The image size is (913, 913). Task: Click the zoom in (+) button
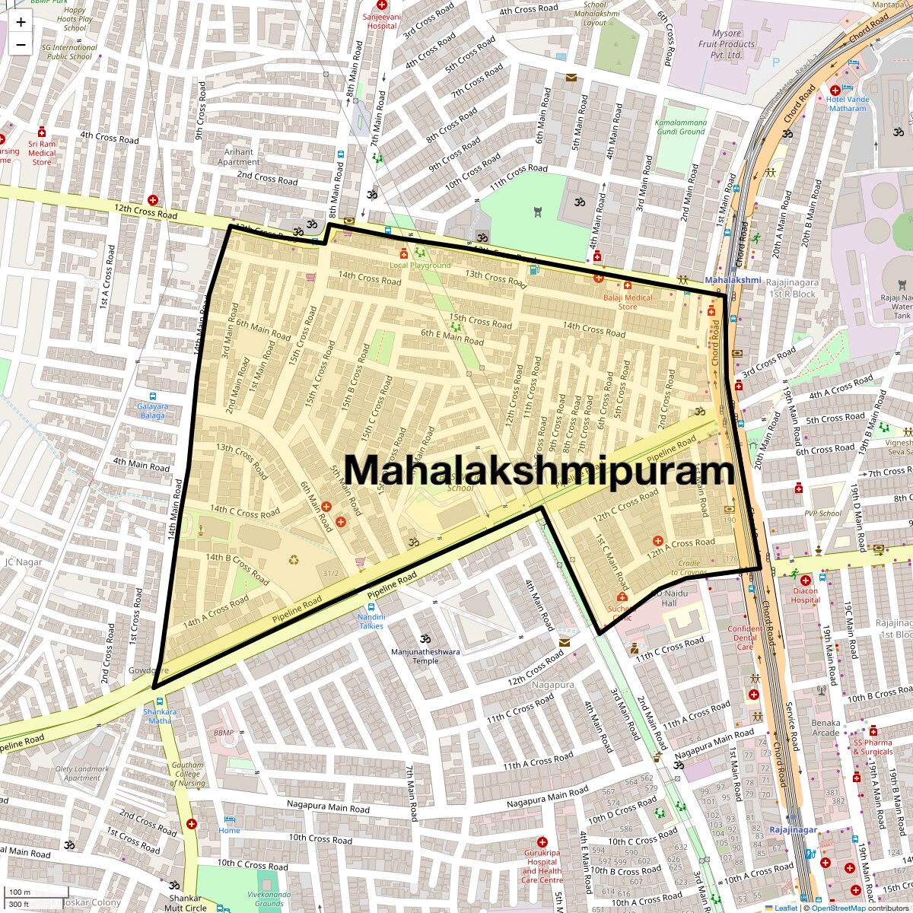click(21, 21)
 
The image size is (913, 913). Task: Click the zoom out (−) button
click(21, 44)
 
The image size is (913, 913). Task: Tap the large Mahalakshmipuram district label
click(540, 469)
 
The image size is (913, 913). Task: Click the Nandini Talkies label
click(371, 621)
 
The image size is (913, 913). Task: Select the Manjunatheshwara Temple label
click(425, 656)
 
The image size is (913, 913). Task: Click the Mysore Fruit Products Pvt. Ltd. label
click(726, 44)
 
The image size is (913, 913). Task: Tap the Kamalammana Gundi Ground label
click(680, 126)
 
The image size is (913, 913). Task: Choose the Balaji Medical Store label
click(628, 301)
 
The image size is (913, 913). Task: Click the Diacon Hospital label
click(805, 595)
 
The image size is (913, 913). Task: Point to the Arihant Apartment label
click(239, 157)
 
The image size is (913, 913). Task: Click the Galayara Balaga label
click(152, 411)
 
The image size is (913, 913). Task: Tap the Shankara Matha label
click(160, 716)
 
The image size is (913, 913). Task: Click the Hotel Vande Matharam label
click(847, 103)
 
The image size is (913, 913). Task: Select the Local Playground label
click(420, 266)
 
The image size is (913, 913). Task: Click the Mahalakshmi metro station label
click(732, 280)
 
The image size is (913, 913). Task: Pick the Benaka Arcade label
click(826, 728)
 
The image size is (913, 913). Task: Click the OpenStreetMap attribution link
click(838, 908)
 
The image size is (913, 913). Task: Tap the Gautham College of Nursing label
click(187, 774)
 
